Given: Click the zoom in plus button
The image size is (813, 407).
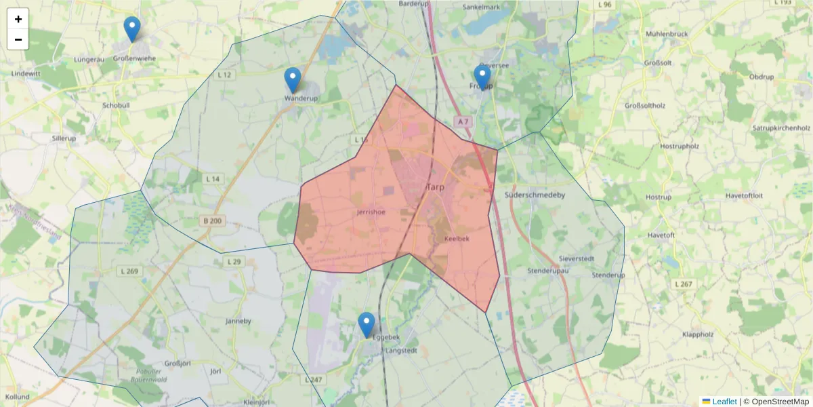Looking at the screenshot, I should point(18,19).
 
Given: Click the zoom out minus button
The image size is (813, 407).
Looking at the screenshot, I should point(18,39).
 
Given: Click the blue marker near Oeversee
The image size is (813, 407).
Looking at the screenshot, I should point(482,79).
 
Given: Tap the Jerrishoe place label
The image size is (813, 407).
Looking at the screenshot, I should point(371,212).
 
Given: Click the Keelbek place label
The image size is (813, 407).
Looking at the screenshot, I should point(457,239).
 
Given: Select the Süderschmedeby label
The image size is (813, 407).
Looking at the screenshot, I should point(535,195).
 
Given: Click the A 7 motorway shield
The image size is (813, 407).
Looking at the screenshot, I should point(463,121).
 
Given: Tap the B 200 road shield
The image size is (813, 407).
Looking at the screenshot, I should point(211,220).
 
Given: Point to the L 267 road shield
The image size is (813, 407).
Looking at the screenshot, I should point(684,284).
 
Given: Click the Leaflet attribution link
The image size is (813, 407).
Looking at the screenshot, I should point(724,402).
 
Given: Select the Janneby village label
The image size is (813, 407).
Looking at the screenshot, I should point(238,321).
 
